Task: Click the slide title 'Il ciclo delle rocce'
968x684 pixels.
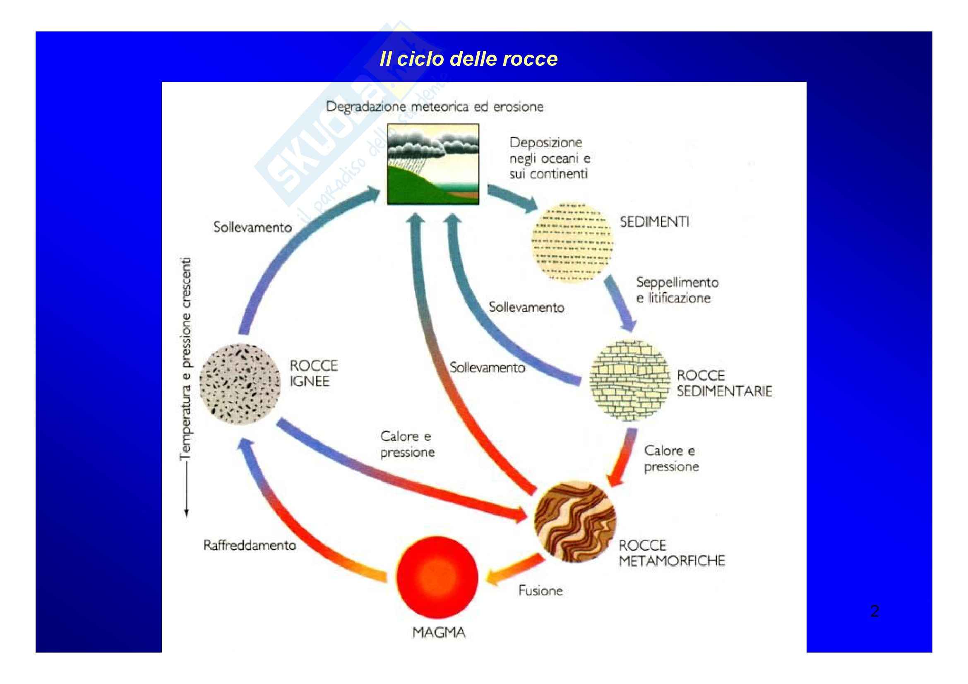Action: [468, 59]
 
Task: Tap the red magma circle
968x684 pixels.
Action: [437, 577]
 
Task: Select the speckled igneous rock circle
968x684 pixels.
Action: [240, 384]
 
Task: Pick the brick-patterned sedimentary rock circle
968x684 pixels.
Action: [629, 380]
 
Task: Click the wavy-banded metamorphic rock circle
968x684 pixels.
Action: [575, 522]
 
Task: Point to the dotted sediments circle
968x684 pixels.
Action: [572, 242]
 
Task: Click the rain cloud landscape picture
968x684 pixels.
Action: [433, 164]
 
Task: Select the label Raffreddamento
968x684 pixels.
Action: [250, 545]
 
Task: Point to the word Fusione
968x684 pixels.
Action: [540, 590]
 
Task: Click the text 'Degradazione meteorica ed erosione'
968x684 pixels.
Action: [435, 107]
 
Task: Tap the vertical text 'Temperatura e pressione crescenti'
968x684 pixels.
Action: [185, 358]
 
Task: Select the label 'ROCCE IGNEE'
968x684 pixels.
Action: [313, 373]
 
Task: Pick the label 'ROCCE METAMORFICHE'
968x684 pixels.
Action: [671, 553]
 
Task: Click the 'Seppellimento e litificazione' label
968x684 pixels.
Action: [677, 290]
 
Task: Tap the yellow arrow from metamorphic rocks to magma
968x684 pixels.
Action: [515, 570]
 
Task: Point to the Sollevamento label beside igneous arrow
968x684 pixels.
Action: [252, 227]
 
